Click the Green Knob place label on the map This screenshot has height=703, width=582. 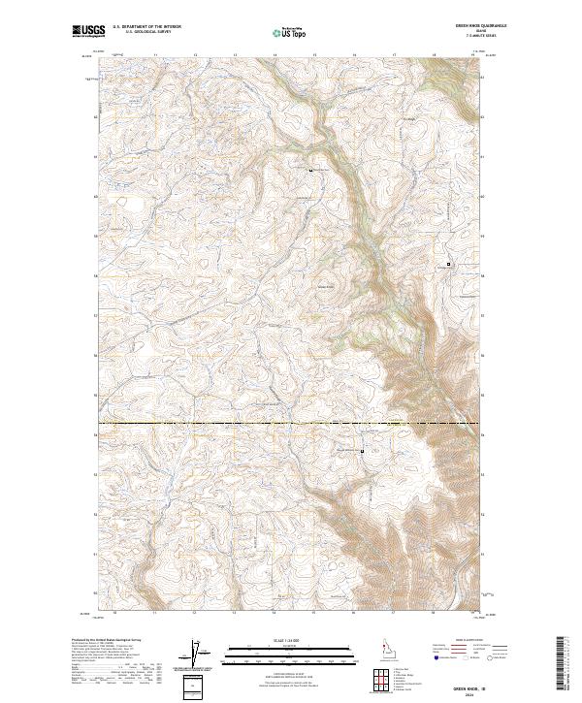(326, 286)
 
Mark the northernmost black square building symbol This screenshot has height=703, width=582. (310, 171)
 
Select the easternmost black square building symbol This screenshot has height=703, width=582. (448, 263)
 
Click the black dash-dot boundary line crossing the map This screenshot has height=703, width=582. (242, 424)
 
